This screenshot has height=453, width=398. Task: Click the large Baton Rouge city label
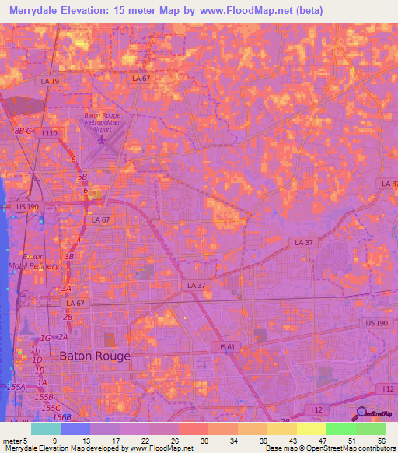(x=95, y=356)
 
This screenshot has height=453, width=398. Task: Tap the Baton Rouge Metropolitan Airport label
(x=103, y=123)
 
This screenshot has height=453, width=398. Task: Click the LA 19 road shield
(x=51, y=81)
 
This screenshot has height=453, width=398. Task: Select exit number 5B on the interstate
(x=82, y=177)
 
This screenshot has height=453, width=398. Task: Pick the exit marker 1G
(x=44, y=338)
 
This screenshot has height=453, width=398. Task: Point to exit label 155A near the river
(x=15, y=387)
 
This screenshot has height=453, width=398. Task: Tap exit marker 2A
(x=63, y=337)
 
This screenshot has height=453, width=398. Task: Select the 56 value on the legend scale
(x=382, y=441)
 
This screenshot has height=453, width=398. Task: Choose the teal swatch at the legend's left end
(x=45, y=429)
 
